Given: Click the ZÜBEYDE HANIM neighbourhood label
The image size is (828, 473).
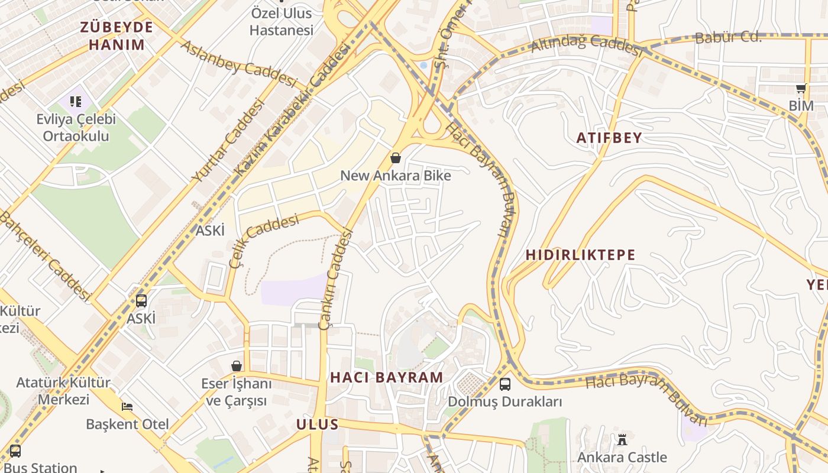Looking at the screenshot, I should point(117,35).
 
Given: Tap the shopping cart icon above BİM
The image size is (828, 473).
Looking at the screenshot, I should point(801,89).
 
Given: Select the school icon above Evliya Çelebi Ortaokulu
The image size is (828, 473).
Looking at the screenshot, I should point(76,102).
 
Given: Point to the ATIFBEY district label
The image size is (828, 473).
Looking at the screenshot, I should point(609,138).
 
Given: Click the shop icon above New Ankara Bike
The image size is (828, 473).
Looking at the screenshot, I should point(396,158).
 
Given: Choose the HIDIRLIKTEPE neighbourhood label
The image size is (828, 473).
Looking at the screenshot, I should point(580,255).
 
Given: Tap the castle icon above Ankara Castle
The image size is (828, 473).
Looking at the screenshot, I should point(622,439).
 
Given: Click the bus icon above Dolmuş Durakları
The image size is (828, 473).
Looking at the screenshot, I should point(505,384).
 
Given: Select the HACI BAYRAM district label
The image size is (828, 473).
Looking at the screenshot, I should point(386,377).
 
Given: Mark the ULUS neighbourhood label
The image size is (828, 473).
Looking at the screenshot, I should point(317,424).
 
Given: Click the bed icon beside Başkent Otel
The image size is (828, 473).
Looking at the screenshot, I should point(127,407).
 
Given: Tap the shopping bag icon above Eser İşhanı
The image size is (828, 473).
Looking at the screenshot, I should point(237,366).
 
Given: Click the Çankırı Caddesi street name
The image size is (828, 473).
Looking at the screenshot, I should point(335,278).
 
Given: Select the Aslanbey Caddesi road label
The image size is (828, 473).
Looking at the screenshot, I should point(237,63).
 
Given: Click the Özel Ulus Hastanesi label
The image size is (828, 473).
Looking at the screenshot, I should point(282,21).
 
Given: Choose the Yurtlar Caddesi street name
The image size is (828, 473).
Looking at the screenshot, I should point(228,141).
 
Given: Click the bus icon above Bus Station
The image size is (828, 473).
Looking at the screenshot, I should point(15,451).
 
